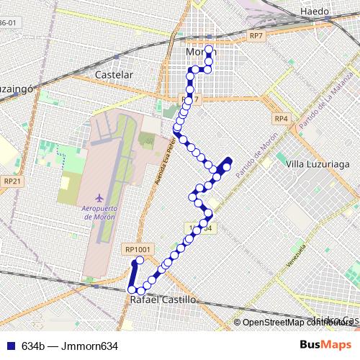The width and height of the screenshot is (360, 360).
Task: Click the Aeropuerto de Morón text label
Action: tap(99, 212)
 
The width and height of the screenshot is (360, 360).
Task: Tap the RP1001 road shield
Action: tap(137, 249)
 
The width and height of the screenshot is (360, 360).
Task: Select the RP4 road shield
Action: tap(281, 118)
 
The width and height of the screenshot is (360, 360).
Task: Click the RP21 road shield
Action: tap(9, 181)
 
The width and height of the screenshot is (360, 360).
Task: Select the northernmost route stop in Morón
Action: tap(210, 50)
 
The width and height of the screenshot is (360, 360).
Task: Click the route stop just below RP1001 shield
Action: tap(140, 260)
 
